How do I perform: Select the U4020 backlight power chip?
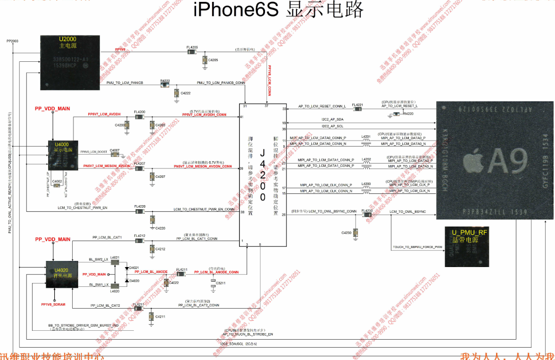coord(62,274)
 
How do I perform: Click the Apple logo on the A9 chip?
coord(473,162)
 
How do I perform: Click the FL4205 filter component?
coord(192,52)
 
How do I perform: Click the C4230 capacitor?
coord(355,233)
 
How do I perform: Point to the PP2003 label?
coord(12,42)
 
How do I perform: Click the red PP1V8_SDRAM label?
coord(53,304)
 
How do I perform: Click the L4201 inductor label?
coord(366,137)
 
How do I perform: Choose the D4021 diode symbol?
coord(127,268)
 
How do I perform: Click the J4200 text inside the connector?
coord(263,174)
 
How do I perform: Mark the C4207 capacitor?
coord(152,176)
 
